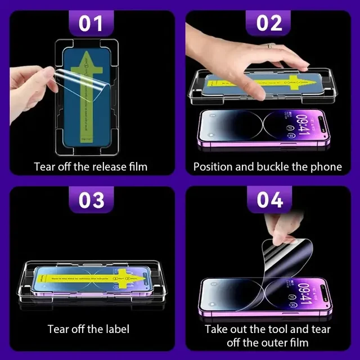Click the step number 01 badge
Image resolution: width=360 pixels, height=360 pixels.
click(x=91, y=24)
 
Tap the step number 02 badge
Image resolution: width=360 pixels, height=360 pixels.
click(x=268, y=24)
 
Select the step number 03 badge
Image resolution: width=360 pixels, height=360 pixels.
click(x=91, y=200)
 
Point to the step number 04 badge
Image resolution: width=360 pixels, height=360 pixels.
click(x=268, y=200)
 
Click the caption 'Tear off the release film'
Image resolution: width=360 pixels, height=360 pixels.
click(x=91, y=166)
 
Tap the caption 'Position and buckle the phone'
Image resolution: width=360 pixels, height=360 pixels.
click(x=268, y=166)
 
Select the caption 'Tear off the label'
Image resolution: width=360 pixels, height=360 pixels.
click(x=88, y=328)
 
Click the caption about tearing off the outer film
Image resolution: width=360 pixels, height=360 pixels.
click(x=268, y=335)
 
